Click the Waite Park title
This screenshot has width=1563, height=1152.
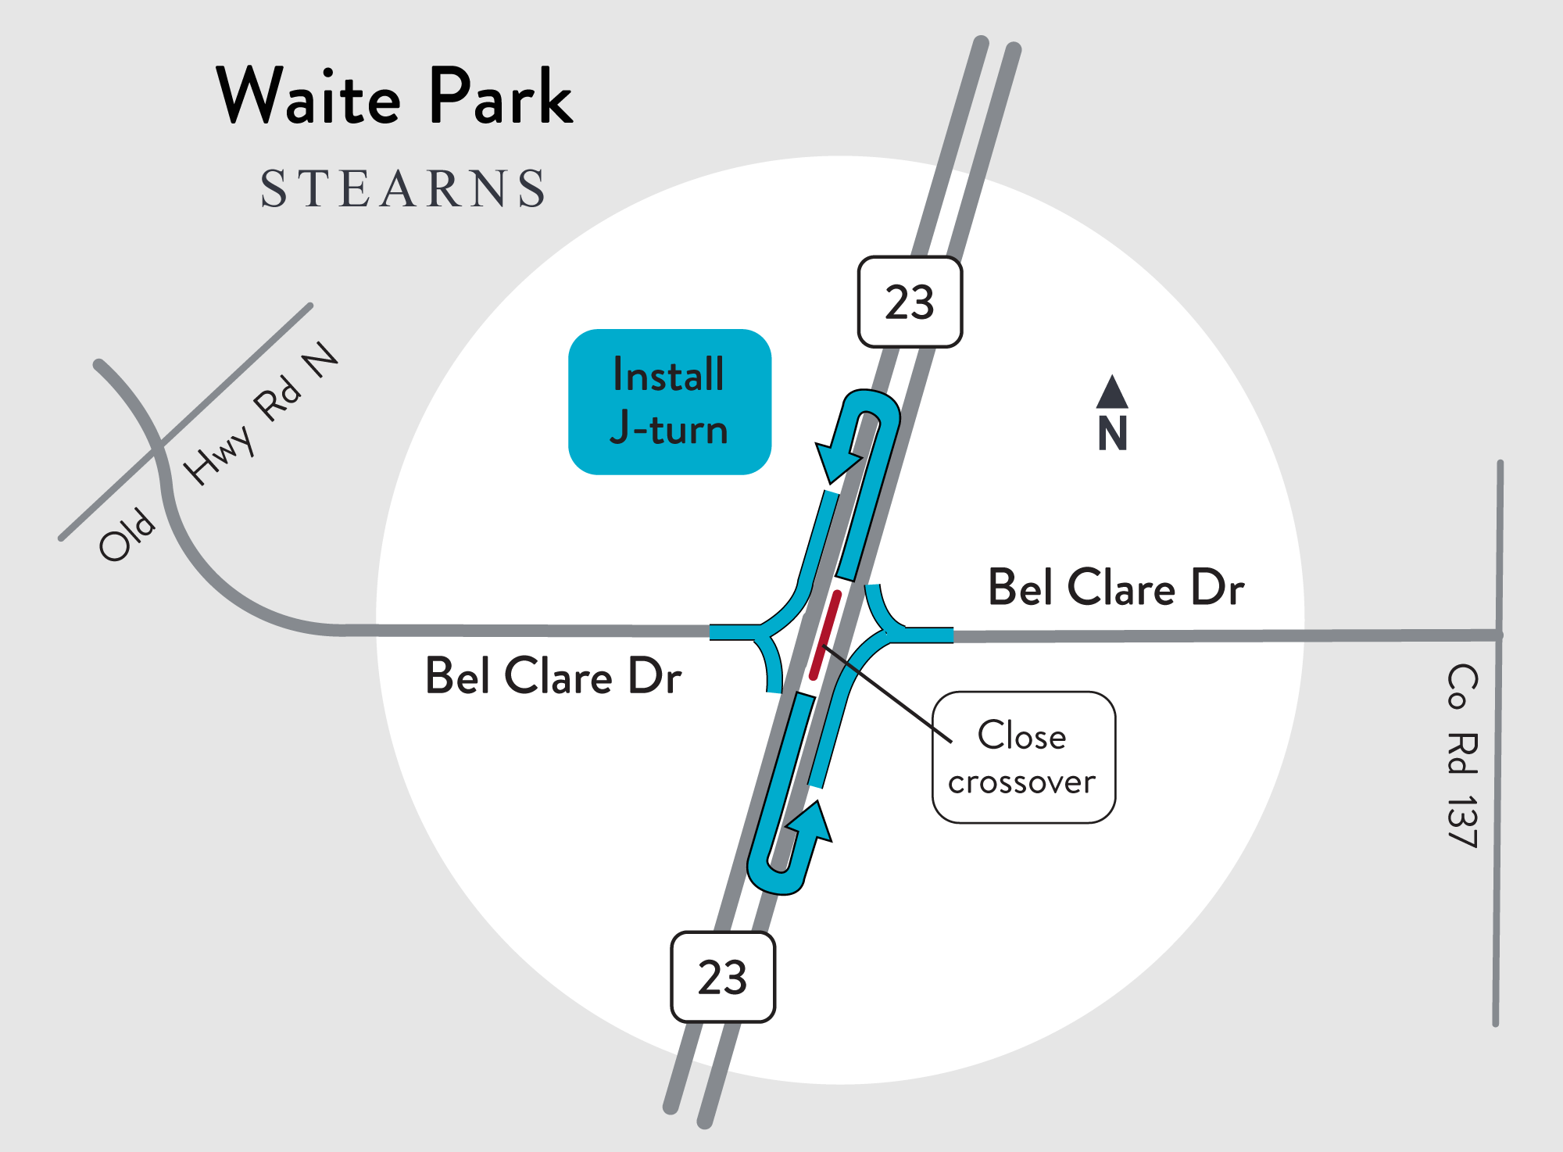(395, 97)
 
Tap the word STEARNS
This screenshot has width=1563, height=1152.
(402, 189)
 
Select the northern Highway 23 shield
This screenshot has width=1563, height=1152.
(910, 302)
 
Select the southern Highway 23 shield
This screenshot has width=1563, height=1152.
(723, 977)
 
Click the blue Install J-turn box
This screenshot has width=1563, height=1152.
(670, 402)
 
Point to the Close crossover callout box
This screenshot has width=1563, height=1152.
(1024, 757)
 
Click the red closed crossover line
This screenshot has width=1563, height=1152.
(825, 635)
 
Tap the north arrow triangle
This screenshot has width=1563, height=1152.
(1112, 393)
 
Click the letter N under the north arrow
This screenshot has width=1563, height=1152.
(1112, 434)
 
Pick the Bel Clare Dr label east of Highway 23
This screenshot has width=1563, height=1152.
(1116, 588)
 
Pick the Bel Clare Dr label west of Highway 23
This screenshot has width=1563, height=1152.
(553, 676)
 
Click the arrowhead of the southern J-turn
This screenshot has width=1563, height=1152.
(813, 822)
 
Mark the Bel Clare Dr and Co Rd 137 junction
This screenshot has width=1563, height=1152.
(1499, 635)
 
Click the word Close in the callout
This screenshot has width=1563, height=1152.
(1022, 735)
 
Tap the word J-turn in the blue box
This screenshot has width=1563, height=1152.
(669, 428)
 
